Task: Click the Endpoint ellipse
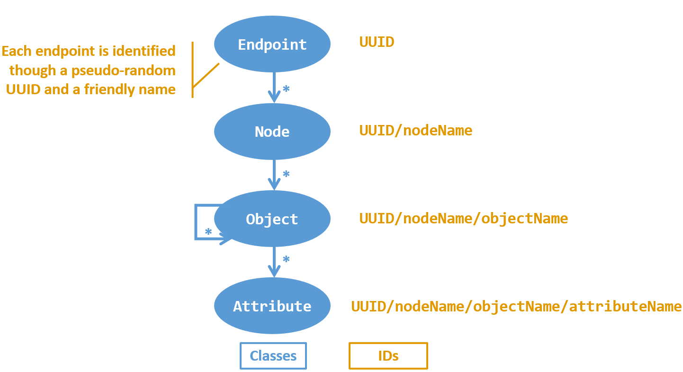tap(272, 44)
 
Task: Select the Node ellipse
tap(272, 132)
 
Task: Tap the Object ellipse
tap(272, 219)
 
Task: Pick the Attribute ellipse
tap(272, 306)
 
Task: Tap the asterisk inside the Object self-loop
tap(208, 232)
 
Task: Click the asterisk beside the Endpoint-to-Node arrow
tap(286, 89)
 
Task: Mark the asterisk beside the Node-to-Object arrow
tap(286, 175)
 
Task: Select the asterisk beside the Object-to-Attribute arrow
tap(286, 260)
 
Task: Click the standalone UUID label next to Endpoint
tap(377, 42)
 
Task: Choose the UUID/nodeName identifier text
tap(415, 130)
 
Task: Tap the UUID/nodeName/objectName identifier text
tap(463, 218)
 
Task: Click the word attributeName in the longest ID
tap(625, 306)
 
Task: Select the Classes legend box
tap(273, 356)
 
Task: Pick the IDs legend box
tap(388, 356)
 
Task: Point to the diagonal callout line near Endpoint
tap(206, 75)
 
